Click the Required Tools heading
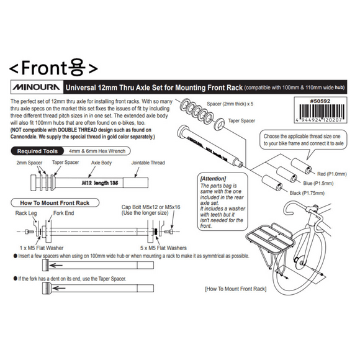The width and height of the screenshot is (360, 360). tap(38, 151)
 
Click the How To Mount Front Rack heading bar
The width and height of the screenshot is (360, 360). tap(52, 203)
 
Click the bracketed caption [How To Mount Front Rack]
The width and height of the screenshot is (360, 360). tap(235, 289)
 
